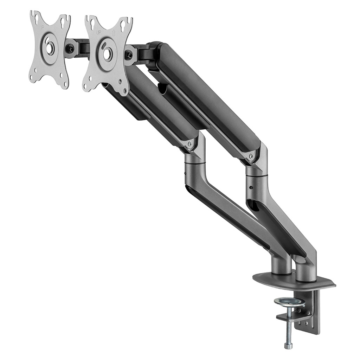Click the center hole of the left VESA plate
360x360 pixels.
[x=50, y=48]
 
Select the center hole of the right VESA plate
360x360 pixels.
[x=107, y=54]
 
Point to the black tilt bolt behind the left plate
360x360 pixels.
[x=71, y=49]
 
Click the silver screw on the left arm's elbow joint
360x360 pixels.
[x=190, y=143]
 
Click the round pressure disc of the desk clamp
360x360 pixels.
[x=289, y=301]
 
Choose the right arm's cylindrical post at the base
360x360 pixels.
[x=306, y=271]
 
